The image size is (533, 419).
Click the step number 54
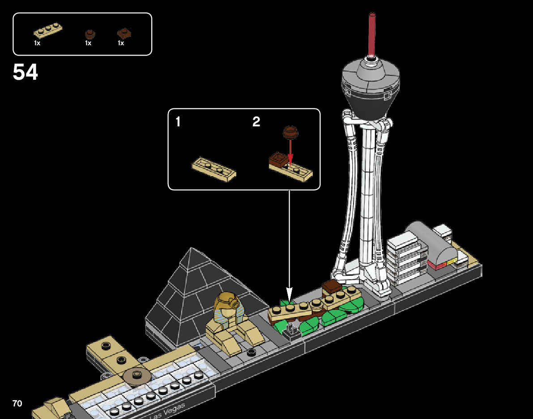[x=26, y=72]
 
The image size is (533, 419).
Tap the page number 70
[x=17, y=404]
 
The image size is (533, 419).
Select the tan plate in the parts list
[x=48, y=30]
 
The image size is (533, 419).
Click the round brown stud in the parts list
[x=90, y=34]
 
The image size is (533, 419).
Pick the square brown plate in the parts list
[x=124, y=33]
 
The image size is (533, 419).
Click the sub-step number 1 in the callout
[x=178, y=122]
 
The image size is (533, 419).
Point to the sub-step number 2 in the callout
[x=256, y=122]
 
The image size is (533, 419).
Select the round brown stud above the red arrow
[x=290, y=131]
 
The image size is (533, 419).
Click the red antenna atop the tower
[x=371, y=34]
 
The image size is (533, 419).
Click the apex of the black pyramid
[x=192, y=249]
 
